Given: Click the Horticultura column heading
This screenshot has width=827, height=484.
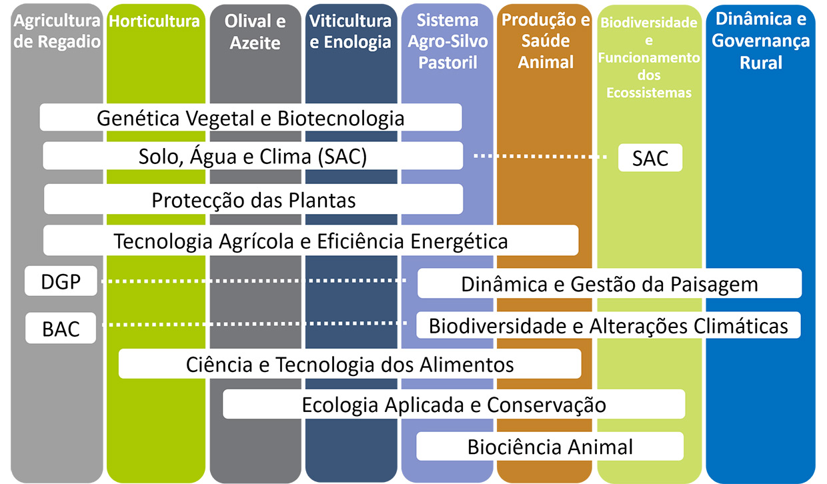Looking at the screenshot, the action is pos(154,21).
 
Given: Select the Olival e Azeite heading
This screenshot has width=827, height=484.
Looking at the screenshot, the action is pos(255,32).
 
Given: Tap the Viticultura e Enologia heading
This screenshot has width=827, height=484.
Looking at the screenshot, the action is pos(350,31).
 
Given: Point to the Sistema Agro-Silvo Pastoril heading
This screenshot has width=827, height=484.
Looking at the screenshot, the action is pos(448,41).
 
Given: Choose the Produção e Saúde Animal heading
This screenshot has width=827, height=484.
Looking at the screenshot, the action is pos(546,41).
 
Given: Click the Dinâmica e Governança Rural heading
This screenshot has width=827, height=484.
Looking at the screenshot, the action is pos(761,41).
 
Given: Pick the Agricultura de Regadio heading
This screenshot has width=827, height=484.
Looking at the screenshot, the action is pos(57,31).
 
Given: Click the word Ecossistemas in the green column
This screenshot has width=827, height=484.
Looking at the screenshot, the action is pos(649,93).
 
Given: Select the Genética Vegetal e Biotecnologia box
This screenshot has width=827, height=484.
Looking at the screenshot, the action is pos(251,117).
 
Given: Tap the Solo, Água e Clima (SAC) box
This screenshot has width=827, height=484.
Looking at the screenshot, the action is pos(253,156).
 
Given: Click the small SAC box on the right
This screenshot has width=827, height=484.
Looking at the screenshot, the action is pos(650,157).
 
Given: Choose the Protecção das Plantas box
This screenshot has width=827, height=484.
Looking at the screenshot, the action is pos(253,199).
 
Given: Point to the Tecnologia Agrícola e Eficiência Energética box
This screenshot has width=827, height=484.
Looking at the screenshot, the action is pos(311,241).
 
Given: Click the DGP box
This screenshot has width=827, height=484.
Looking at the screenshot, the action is pos(61,281).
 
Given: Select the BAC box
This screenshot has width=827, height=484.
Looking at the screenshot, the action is pos(61,328).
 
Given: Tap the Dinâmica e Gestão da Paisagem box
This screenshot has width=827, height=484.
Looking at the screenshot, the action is pos(610,283).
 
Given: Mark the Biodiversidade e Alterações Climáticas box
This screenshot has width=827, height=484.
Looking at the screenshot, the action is pos(609,325).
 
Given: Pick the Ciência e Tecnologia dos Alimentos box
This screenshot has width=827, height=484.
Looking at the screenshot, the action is pos(350,363).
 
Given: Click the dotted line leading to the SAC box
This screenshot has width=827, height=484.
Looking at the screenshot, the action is pos(540,157).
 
